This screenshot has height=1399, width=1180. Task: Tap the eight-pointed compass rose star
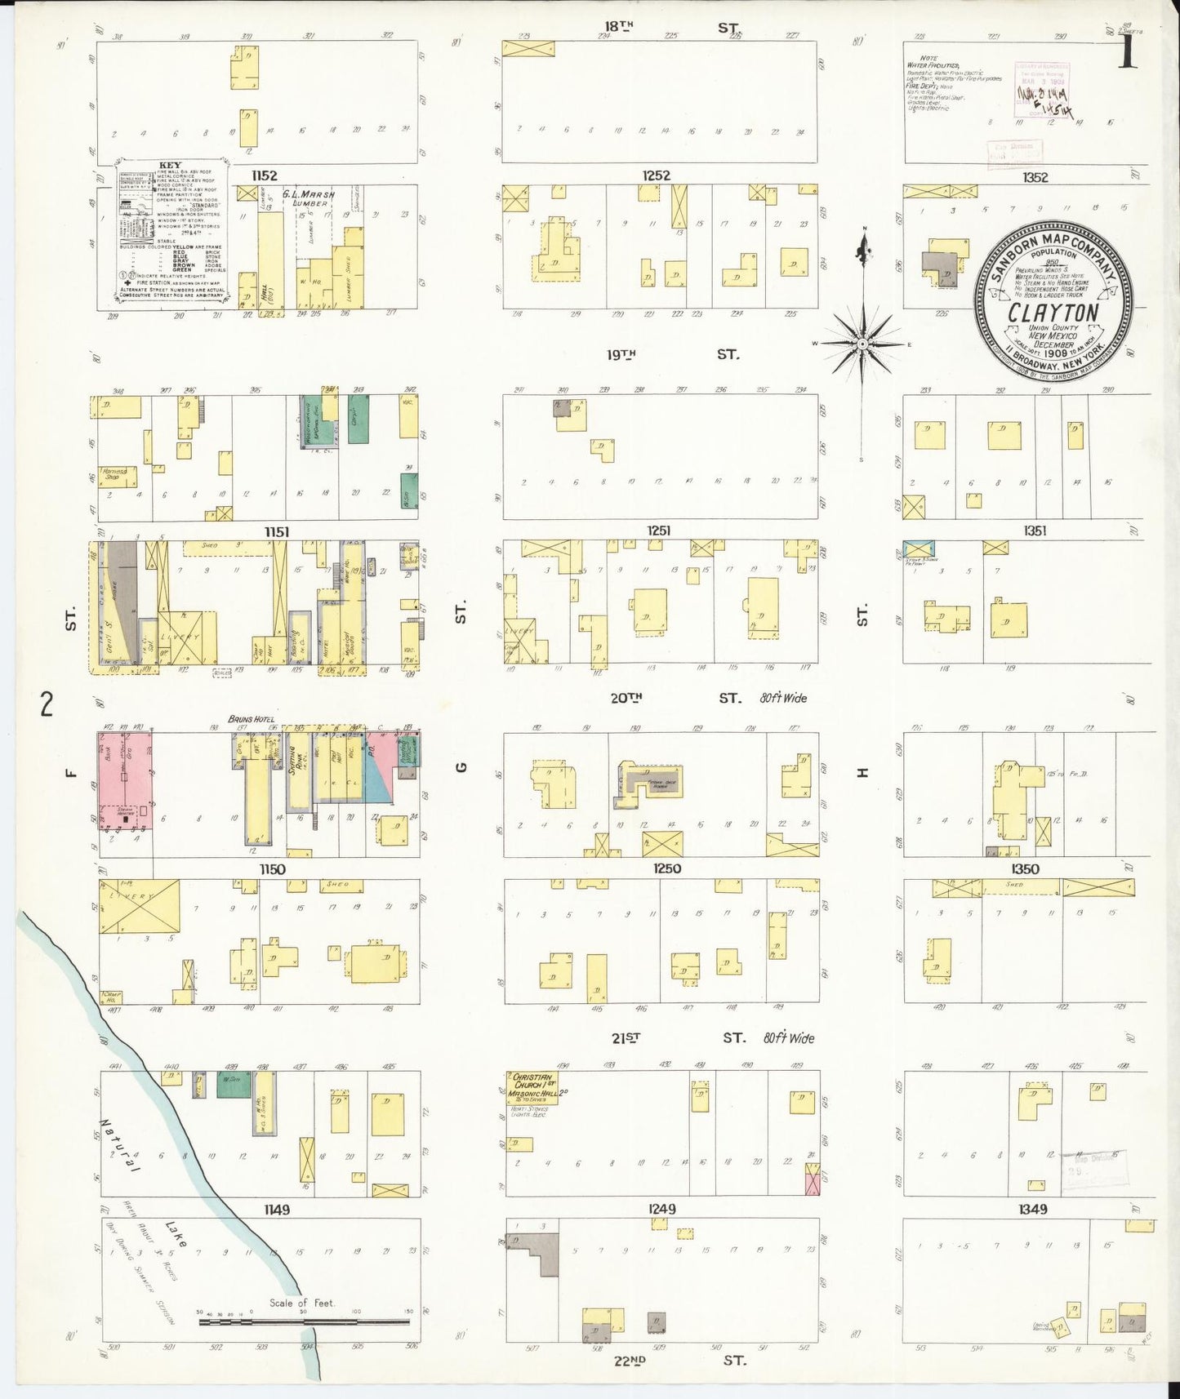862,344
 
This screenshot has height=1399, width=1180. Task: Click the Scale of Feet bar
304,1320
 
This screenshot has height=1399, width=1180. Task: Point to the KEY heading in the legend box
171,165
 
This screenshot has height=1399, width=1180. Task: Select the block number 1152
265,175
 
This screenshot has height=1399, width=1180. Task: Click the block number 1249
662,1208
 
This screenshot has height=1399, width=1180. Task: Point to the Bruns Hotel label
250,719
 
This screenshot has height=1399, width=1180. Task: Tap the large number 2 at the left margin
47,703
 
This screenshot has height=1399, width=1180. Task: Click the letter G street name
461,766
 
